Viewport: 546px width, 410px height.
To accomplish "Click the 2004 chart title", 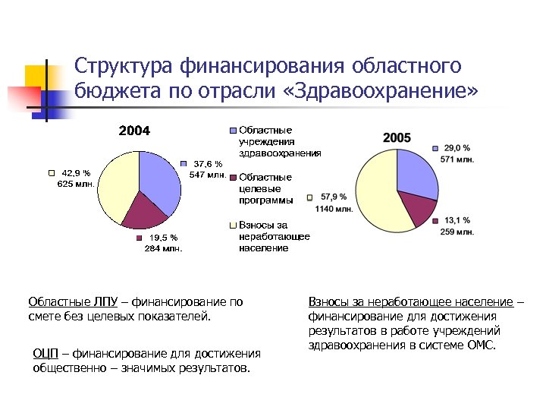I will pos(134,131).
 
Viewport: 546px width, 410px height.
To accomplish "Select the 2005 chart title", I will pos(397,137).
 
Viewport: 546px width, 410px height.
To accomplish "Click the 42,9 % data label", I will pos(76,172).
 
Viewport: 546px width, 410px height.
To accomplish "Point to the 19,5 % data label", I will pos(163,237).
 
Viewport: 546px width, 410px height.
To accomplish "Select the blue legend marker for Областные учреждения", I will pos(234,131).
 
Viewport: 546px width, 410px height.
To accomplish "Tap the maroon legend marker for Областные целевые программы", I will pos(234,178).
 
